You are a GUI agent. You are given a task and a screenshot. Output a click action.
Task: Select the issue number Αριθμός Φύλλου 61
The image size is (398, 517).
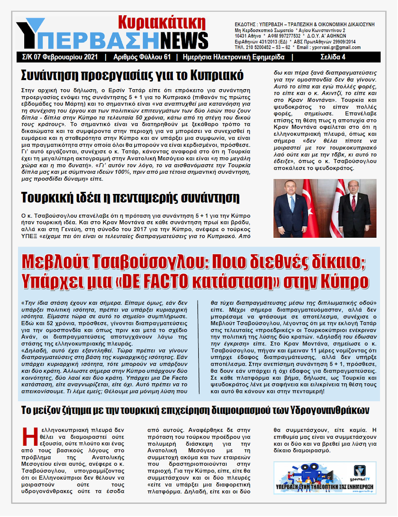[142, 57]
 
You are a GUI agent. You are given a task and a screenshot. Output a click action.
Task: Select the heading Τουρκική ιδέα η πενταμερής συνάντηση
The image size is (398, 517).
[130, 197]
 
